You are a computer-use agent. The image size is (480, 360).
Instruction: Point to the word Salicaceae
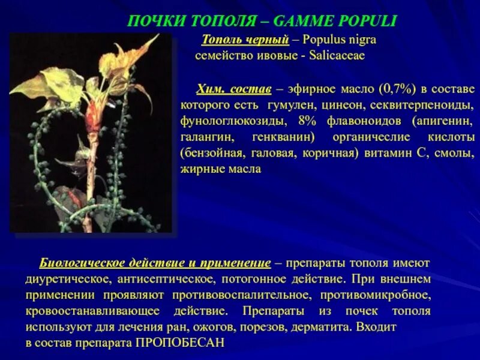(x=337, y=55)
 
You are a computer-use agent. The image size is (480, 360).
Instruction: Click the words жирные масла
(x=221, y=169)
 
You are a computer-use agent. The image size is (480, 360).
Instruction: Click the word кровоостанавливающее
(x=92, y=311)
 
